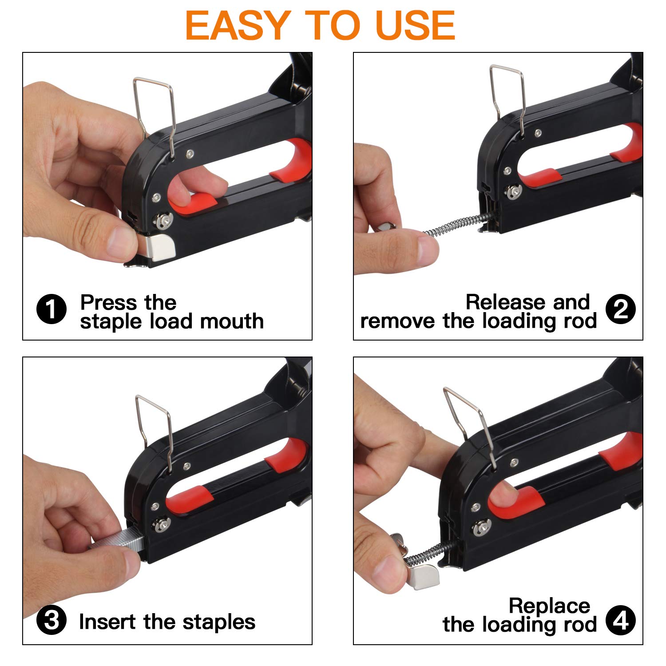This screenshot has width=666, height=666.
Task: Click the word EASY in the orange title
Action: [x=238, y=25]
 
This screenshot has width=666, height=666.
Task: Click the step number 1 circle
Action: [x=52, y=309]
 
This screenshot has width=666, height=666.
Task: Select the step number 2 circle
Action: [x=620, y=309]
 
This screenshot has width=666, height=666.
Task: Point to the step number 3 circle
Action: [x=52, y=621]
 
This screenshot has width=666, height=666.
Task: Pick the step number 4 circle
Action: [x=620, y=620]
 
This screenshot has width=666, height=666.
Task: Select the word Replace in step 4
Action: [x=549, y=606]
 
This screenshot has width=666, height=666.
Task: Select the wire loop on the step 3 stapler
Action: [x=154, y=426]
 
